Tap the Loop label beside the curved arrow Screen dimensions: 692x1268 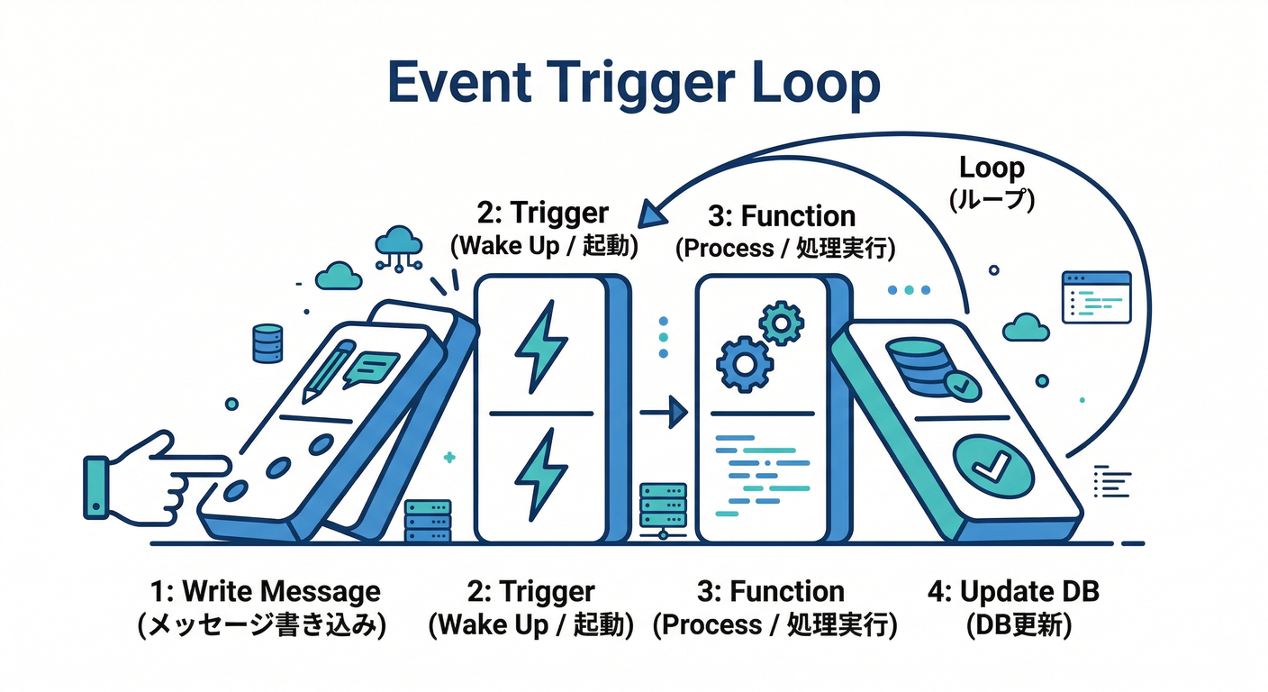992,168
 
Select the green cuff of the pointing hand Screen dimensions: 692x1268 95,487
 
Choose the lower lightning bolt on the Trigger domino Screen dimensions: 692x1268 540,471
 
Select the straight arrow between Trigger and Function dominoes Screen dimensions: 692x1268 664,413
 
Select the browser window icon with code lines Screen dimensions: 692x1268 1096,296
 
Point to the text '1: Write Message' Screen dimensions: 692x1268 264,592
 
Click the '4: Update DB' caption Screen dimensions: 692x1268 1013,592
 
